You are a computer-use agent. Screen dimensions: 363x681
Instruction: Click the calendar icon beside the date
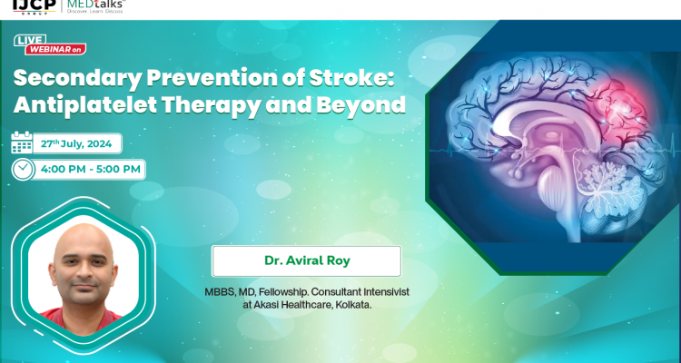[x=22, y=142]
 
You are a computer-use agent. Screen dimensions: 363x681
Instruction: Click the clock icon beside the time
[x=23, y=169]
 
